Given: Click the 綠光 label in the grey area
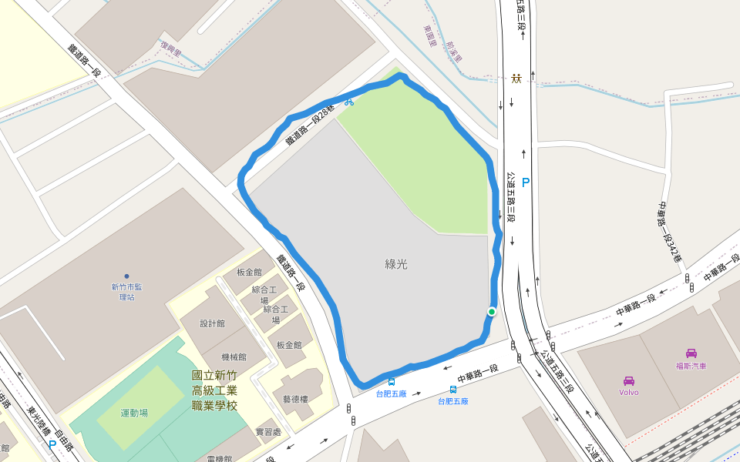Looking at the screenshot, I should (x=396, y=264).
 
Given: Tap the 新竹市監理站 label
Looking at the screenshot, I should (x=126, y=292).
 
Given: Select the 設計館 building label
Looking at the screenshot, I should (x=212, y=323).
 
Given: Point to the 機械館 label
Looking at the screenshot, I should (x=233, y=357).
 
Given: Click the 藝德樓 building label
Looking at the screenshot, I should (x=295, y=399).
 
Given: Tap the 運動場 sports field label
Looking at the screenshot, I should (x=134, y=413).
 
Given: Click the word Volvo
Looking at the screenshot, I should (x=628, y=392).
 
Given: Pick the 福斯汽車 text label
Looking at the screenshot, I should (x=691, y=366).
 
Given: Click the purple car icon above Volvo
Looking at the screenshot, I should (x=628, y=380).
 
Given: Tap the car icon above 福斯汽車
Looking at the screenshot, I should (x=691, y=353).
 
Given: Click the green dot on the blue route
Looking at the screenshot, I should (x=491, y=311).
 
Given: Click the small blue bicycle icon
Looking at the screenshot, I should (x=348, y=101).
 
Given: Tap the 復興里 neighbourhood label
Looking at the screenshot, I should (x=171, y=50).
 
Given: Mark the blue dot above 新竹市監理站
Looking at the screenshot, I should (x=126, y=276).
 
